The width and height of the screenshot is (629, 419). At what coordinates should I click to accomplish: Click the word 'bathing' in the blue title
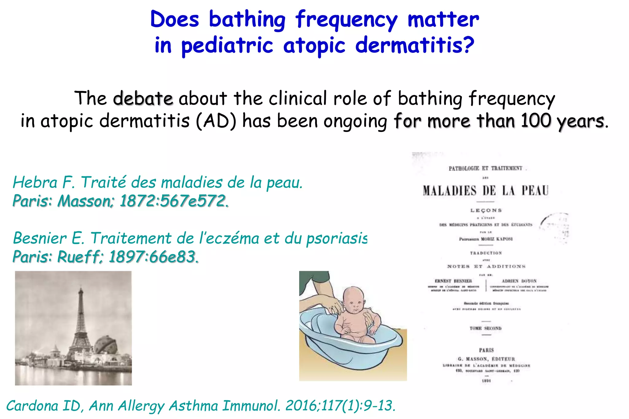point(247,20)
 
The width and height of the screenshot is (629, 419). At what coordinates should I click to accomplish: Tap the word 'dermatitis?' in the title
point(415,45)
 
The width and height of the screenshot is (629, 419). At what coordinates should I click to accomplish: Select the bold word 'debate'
point(143,98)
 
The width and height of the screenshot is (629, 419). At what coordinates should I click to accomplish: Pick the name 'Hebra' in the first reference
point(35,183)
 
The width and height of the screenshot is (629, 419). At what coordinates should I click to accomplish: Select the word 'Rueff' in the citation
point(79,257)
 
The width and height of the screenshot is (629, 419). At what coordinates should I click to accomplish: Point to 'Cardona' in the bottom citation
point(32,406)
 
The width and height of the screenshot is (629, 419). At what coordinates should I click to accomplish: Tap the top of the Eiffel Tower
point(81,288)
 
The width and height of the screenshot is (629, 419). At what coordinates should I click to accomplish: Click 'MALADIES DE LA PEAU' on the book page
point(486,191)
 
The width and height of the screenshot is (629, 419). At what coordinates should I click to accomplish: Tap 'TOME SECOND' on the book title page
point(486,328)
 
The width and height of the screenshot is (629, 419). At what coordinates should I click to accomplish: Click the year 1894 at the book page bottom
point(486,381)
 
